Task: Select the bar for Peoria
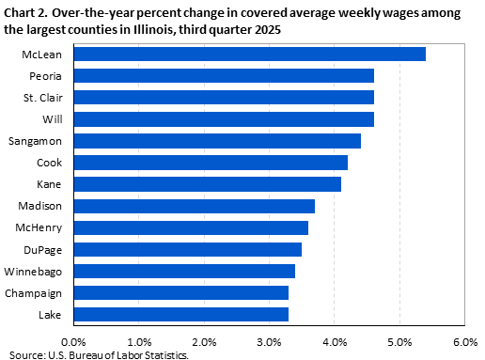pyautogui.click(x=223, y=75)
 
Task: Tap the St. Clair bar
pyautogui.click(x=223, y=97)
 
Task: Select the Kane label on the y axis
pyautogui.click(x=51, y=184)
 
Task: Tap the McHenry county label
pyautogui.click(x=42, y=227)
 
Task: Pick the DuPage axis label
pyautogui.click(x=45, y=249)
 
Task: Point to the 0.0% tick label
pyautogui.click(x=72, y=341)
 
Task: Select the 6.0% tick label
pyautogui.click(x=465, y=341)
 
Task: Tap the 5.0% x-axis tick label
pyautogui.click(x=400, y=341)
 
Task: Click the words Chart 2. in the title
pyautogui.click(x=25, y=11)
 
